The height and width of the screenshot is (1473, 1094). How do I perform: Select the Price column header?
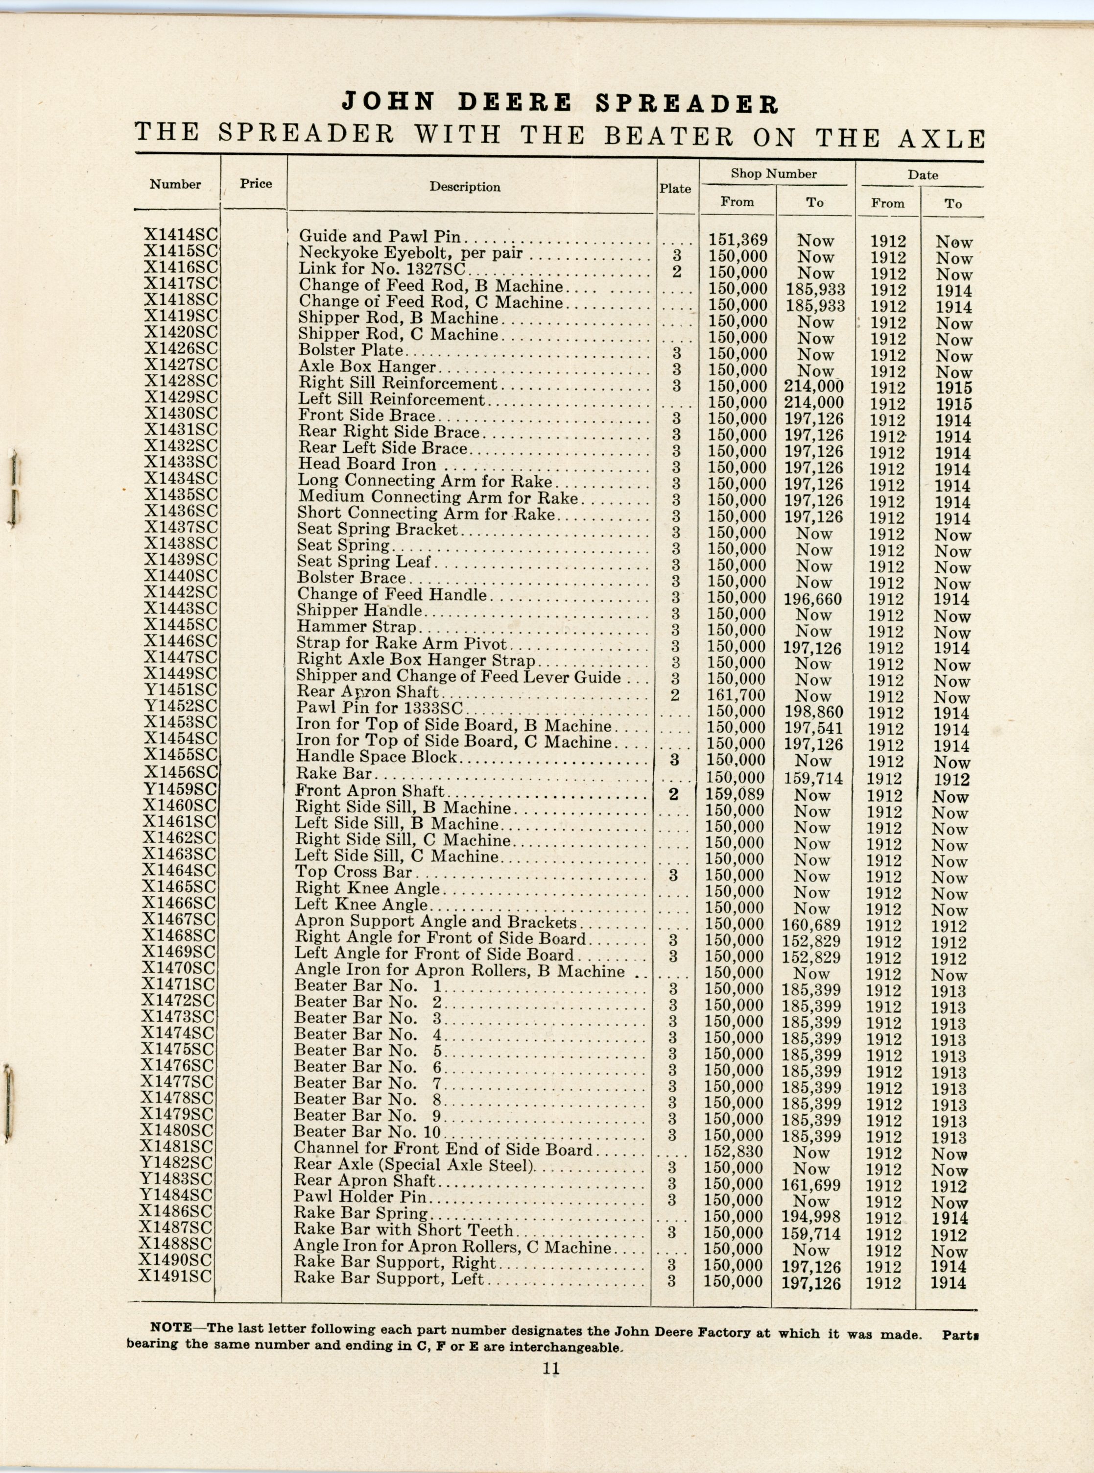pos(256,184)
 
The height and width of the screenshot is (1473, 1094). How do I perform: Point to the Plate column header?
pos(675,189)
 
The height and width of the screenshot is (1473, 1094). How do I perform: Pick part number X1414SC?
pos(181,235)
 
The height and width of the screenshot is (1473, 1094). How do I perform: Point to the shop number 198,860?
pos(813,713)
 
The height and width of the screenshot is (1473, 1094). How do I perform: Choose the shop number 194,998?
pos(812,1217)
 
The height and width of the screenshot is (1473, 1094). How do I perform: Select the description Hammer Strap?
pos(357,627)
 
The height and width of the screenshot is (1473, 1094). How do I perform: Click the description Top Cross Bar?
pos(354,873)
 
